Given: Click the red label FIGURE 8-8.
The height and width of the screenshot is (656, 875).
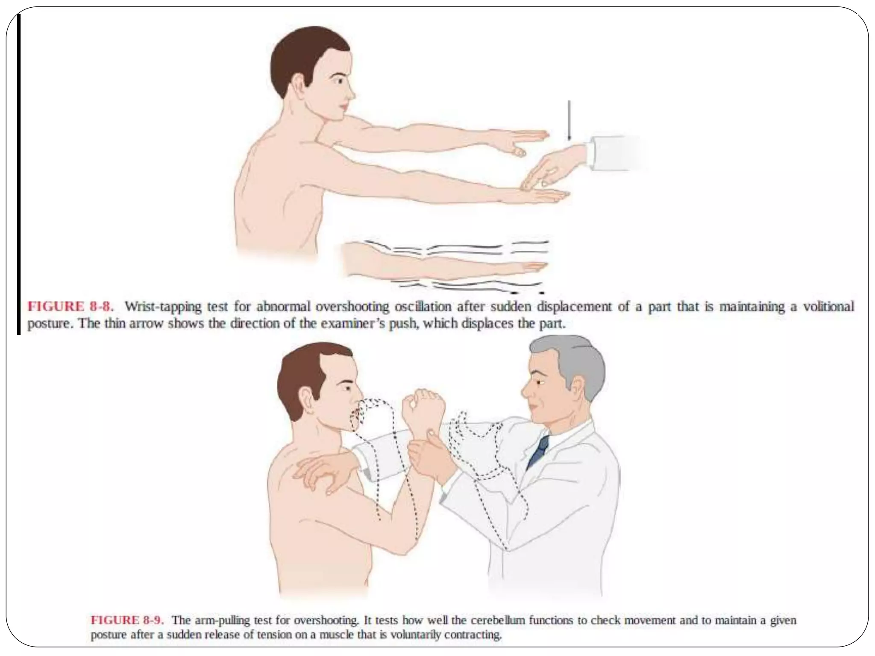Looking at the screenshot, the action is [70, 307].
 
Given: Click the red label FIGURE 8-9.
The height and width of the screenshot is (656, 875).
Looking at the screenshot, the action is [127, 620].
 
